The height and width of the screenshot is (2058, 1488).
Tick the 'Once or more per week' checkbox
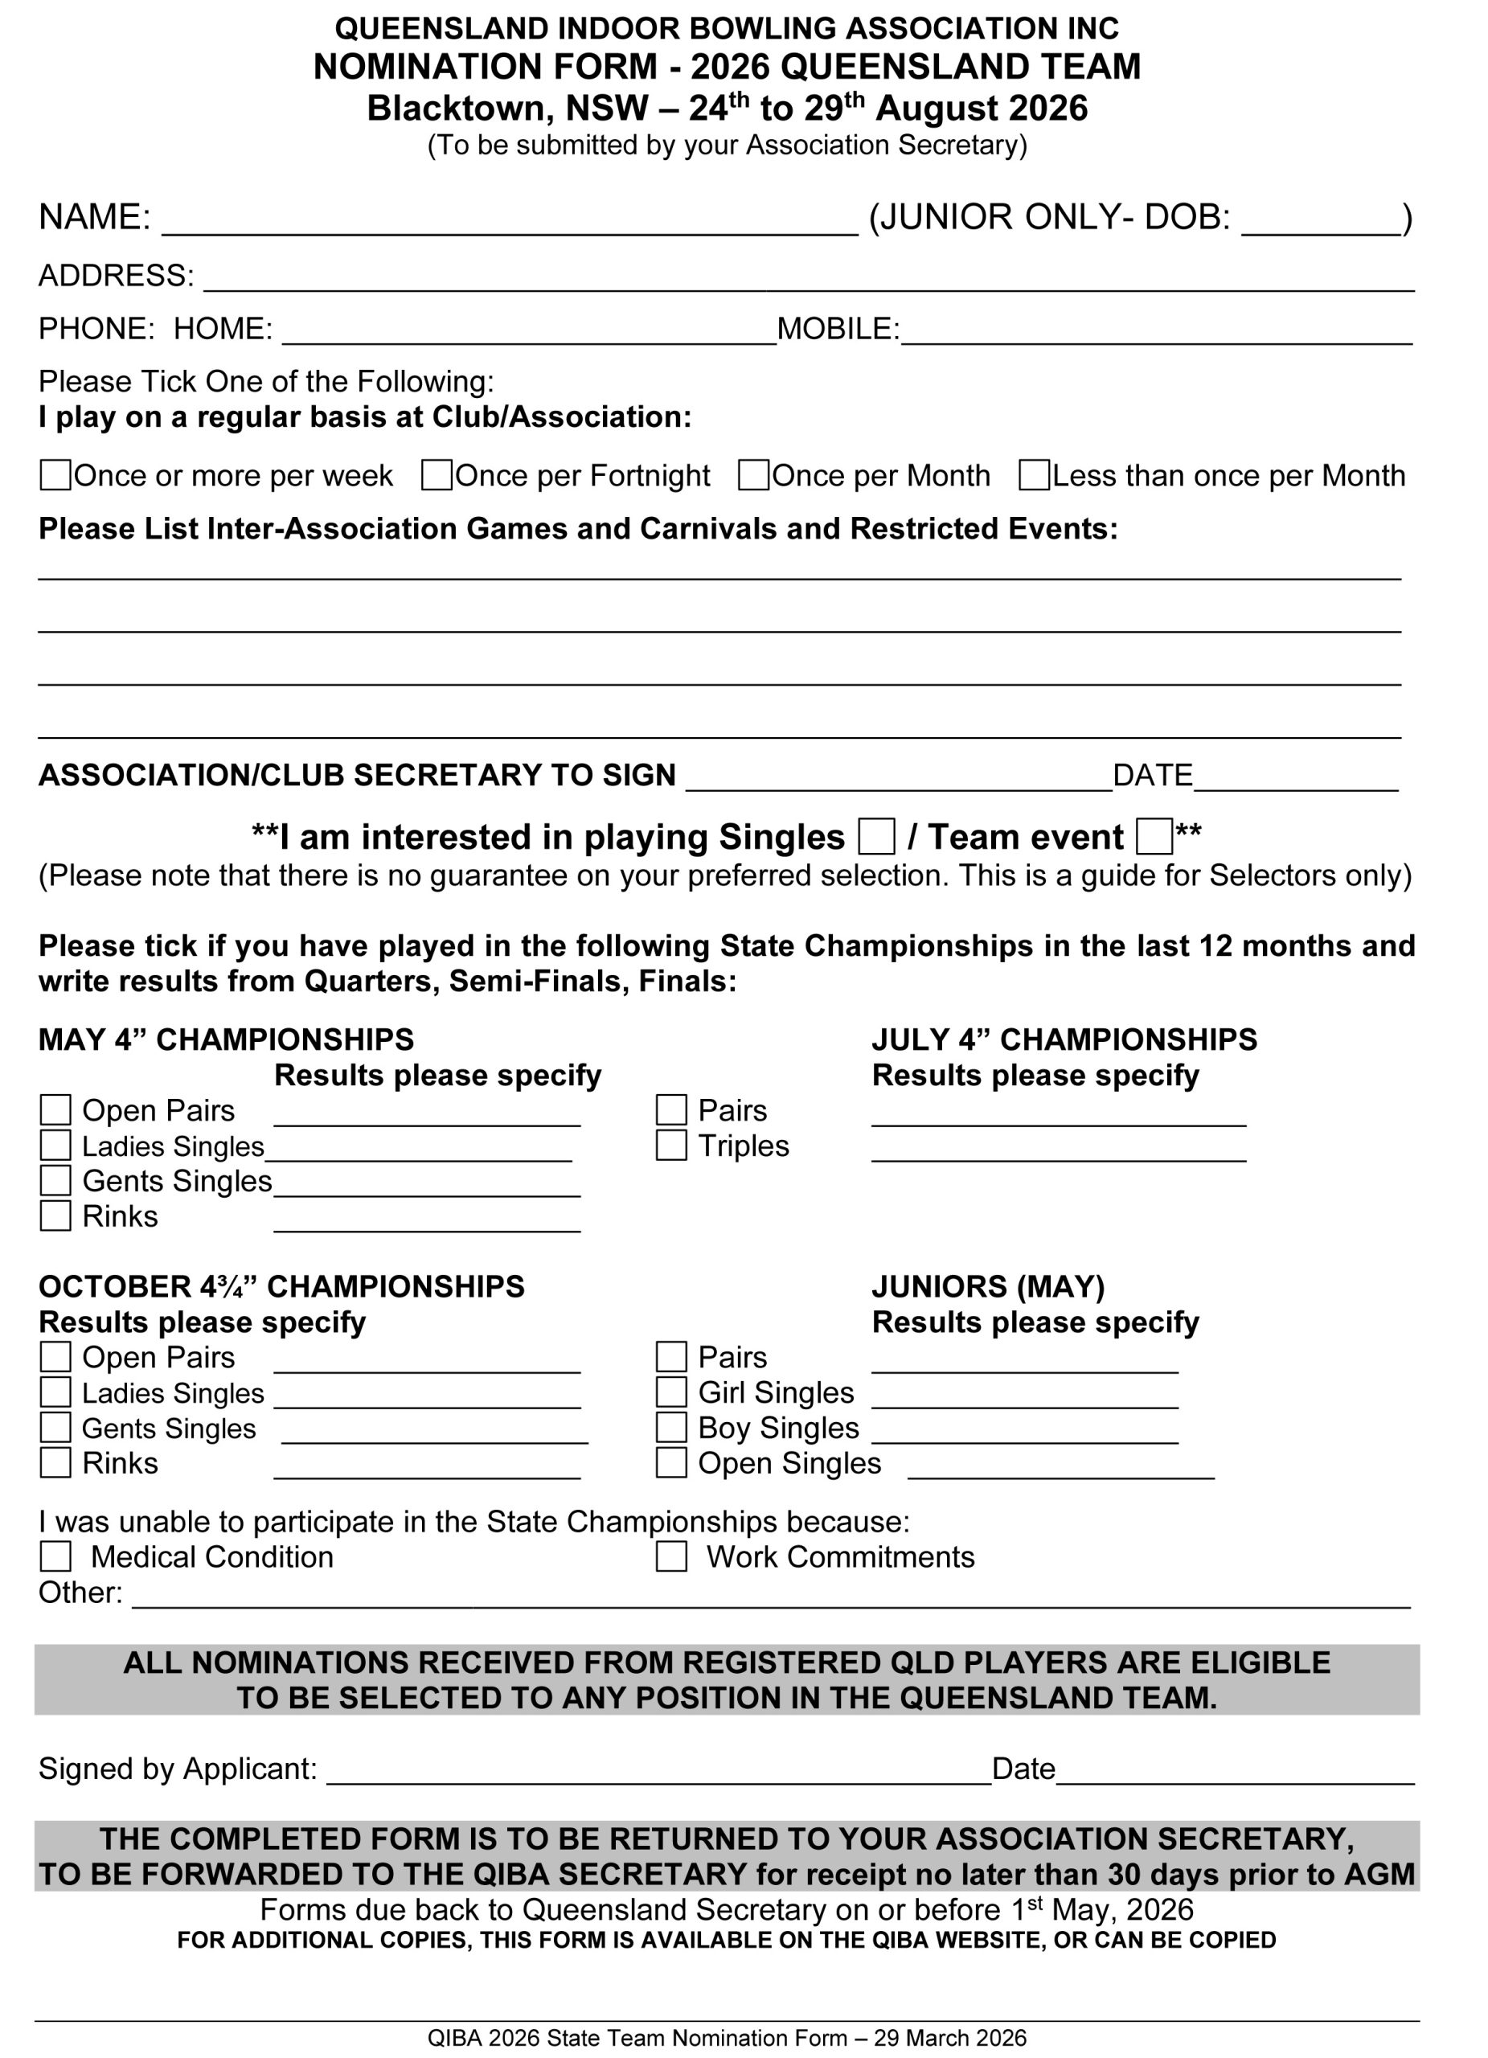(x=55, y=474)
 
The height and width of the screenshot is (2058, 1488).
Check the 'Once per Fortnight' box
(x=437, y=474)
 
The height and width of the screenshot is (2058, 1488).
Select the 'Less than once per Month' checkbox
(x=1034, y=474)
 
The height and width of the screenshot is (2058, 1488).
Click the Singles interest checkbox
(x=875, y=836)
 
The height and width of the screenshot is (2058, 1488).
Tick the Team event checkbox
(x=1154, y=836)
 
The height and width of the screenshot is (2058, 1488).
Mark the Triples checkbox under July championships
(x=670, y=1145)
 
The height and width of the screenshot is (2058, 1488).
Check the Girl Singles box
(x=670, y=1392)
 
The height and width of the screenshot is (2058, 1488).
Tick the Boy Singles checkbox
(x=670, y=1428)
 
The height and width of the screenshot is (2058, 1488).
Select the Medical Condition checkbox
(x=55, y=1557)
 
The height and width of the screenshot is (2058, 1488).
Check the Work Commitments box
(x=670, y=1557)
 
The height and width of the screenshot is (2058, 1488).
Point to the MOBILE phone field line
(x=1156, y=336)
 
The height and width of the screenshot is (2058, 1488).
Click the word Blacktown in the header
(x=461, y=109)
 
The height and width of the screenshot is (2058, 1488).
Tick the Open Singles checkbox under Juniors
(x=670, y=1463)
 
